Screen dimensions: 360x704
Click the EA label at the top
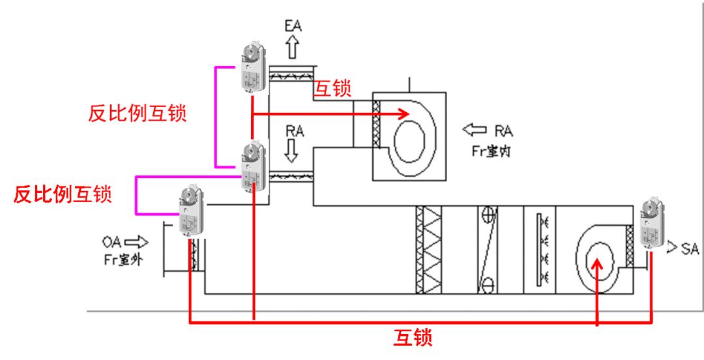pyautogui.click(x=293, y=26)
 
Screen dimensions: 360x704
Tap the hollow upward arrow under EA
pyautogui.click(x=292, y=48)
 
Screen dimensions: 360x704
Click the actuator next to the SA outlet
pyautogui.click(x=652, y=224)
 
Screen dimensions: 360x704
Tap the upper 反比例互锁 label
pyautogui.click(x=138, y=113)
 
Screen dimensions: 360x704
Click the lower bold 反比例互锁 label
pyautogui.click(x=63, y=194)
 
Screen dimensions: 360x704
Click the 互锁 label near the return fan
pyautogui.click(x=333, y=89)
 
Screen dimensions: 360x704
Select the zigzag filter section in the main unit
pyautogui.click(x=428, y=249)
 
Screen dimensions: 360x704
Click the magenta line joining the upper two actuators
pyautogui.click(x=216, y=116)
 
